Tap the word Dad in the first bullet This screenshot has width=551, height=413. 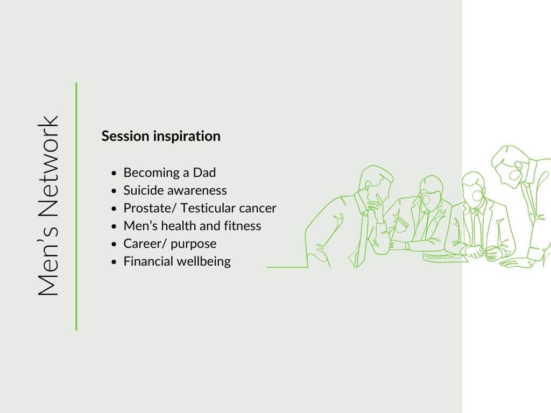(204, 173)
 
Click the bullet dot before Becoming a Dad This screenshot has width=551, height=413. (114, 173)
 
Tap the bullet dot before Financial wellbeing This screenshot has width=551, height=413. (114, 262)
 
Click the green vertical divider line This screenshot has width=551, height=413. (76, 206)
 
